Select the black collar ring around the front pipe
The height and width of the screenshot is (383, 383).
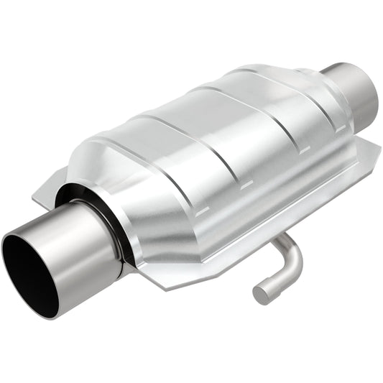(x=115, y=216)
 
